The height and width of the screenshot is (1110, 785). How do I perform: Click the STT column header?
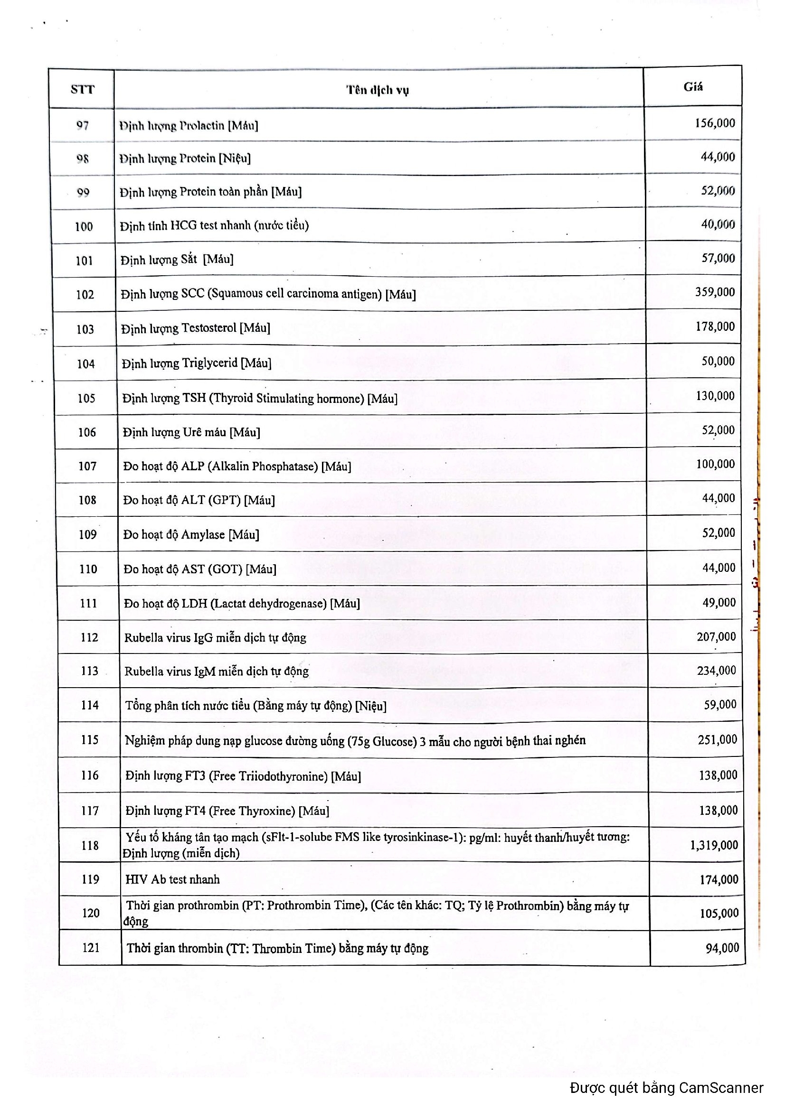(x=82, y=89)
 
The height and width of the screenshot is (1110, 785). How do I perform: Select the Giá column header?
(x=692, y=87)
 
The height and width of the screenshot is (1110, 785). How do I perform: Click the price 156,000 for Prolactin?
(x=715, y=123)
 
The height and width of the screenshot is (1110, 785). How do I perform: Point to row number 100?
(x=84, y=226)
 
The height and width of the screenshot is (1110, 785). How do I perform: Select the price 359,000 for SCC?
(x=715, y=292)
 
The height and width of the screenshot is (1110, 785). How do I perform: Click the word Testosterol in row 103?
(x=209, y=328)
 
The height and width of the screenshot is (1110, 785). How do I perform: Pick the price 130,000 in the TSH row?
(x=715, y=396)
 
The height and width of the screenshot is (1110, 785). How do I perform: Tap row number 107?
(x=87, y=466)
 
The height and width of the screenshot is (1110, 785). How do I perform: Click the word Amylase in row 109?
(x=203, y=535)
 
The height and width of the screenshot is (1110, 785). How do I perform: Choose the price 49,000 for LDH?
(x=719, y=602)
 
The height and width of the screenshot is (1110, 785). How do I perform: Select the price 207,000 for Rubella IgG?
(x=716, y=637)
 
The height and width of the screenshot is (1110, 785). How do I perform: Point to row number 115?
(x=89, y=740)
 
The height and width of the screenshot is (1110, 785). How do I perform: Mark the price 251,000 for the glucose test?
(x=717, y=739)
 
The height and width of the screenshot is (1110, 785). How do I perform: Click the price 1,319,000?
(x=714, y=845)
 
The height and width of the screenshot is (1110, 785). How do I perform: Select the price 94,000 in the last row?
(x=722, y=948)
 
